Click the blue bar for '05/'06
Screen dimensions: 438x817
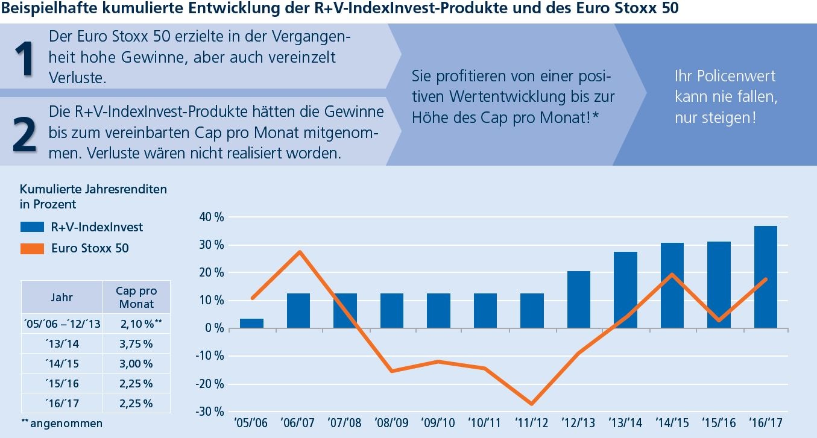[251, 324]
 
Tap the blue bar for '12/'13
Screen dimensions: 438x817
[579, 299]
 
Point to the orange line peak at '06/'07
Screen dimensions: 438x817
[299, 252]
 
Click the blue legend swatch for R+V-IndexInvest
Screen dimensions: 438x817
[32, 227]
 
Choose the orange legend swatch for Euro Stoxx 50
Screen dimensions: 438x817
[32, 248]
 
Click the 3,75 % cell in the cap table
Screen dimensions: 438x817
[136, 344]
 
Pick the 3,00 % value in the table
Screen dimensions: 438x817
[136, 364]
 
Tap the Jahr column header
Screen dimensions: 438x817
[62, 297]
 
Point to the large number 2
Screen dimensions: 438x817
[24, 135]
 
